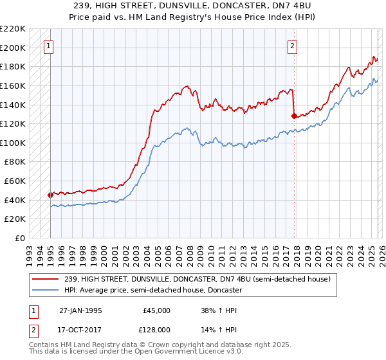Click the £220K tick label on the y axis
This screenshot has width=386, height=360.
coord(13,29)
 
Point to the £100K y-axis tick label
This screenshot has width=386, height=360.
coord(13,143)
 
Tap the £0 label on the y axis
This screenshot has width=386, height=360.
coord(19,238)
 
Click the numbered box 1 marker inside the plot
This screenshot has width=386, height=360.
coord(50,46)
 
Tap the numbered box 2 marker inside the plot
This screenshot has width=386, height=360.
coord(292,46)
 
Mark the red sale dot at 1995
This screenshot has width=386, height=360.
coord(50,195)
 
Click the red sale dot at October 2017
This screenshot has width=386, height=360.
coord(294,116)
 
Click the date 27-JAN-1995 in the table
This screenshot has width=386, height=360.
coord(80,310)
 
